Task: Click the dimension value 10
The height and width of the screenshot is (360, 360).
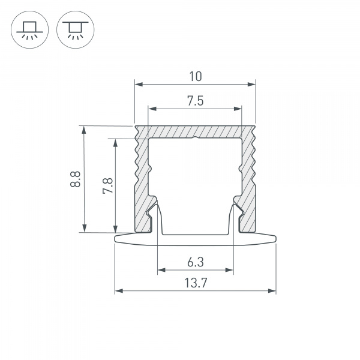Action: click(196, 76)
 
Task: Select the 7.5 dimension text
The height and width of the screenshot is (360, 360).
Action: click(196, 101)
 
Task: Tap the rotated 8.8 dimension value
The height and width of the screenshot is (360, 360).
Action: click(76, 179)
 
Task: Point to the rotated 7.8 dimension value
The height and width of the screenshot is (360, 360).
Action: click(107, 185)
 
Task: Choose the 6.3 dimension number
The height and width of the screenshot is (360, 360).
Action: click(196, 262)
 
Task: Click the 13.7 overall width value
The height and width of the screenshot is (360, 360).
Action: click(196, 283)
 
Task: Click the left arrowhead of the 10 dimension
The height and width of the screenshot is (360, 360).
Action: click(139, 85)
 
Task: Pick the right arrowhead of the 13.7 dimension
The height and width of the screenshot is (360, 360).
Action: click(272, 291)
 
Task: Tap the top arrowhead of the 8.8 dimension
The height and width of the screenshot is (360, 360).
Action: click(84, 130)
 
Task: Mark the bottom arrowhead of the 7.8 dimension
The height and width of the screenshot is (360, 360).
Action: click(115, 229)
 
